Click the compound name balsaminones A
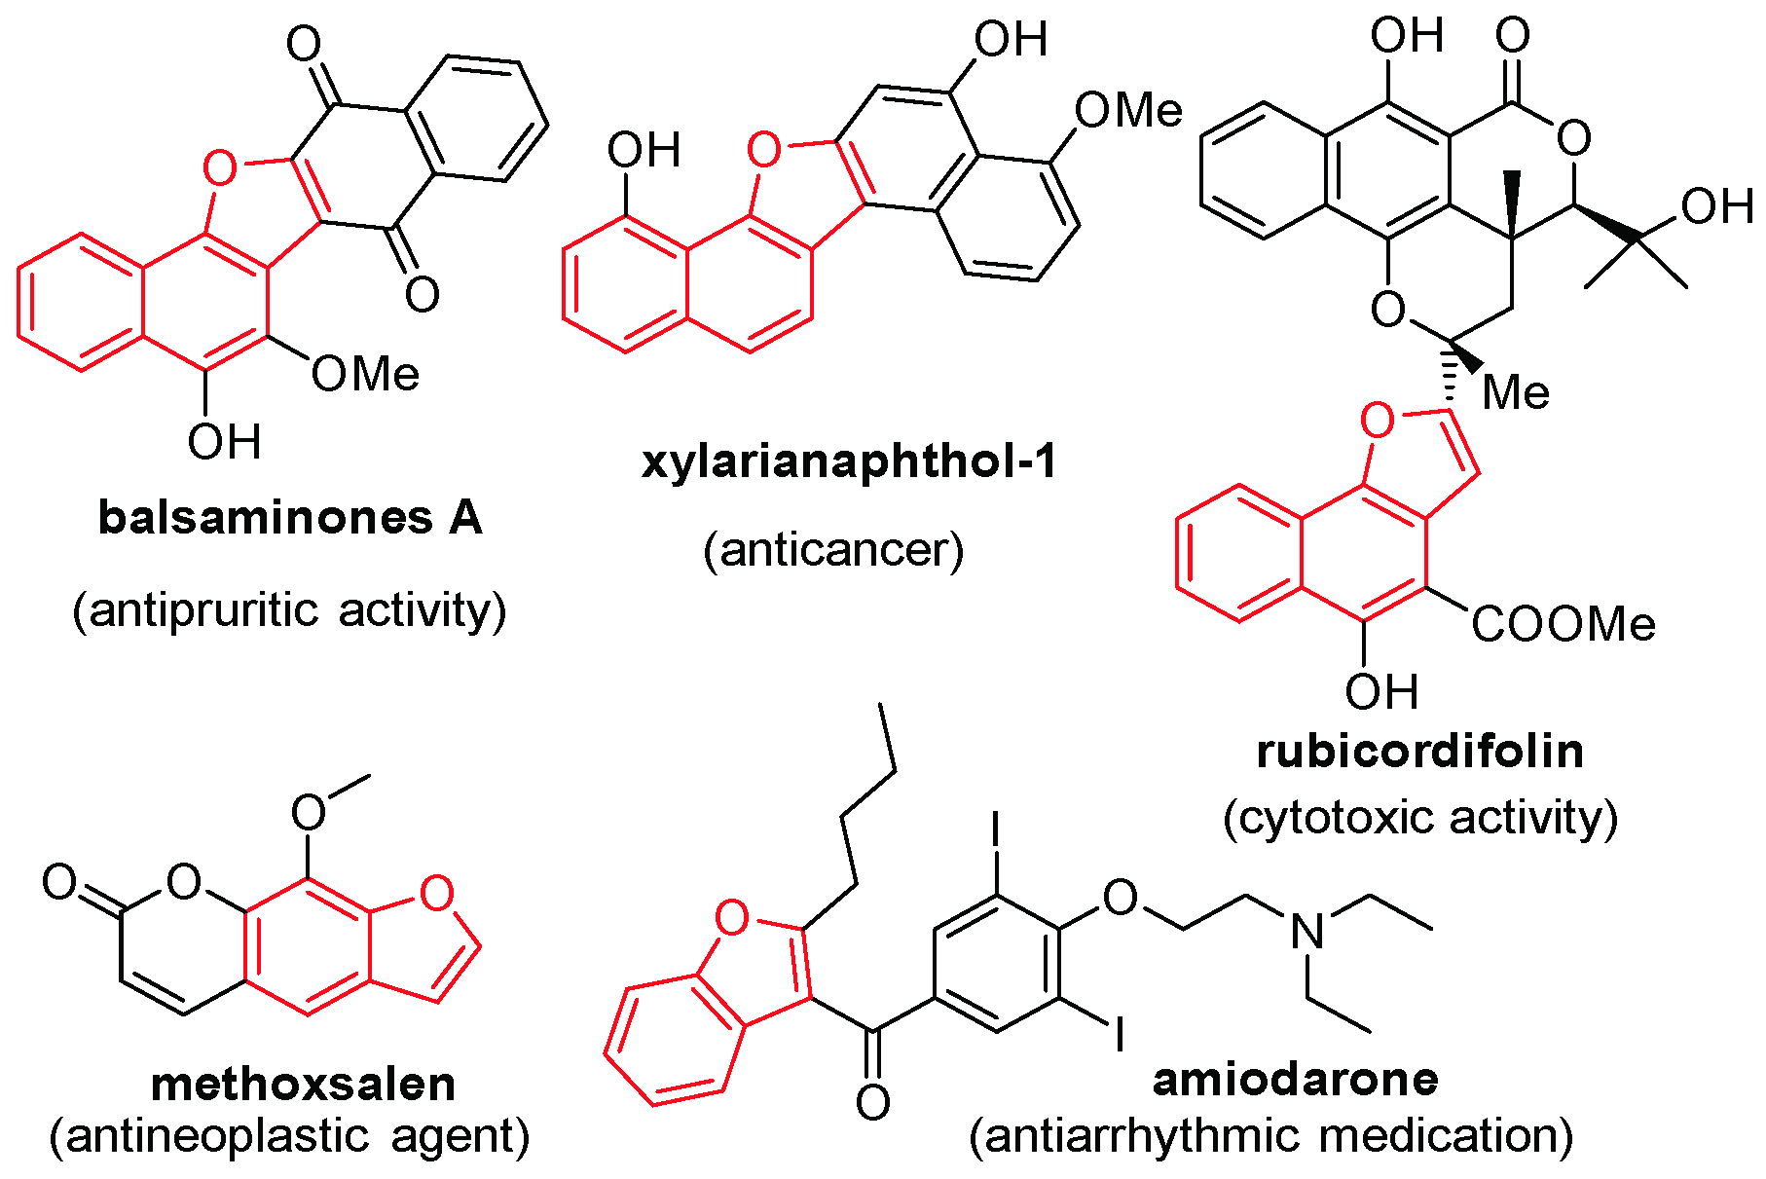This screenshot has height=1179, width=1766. [290, 518]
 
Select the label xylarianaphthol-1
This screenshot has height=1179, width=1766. [849, 461]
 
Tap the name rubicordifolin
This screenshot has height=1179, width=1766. [1419, 752]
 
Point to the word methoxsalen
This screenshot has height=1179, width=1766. [303, 1084]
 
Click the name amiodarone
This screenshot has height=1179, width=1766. [1295, 1079]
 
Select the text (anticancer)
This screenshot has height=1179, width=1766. [833, 550]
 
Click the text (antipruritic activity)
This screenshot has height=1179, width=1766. [289, 610]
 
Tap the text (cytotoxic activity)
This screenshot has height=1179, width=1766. [1420, 817]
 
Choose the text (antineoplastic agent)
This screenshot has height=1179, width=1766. [289, 1136]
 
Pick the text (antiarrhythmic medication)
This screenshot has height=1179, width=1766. [1270, 1136]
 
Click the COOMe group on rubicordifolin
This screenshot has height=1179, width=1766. [1562, 625]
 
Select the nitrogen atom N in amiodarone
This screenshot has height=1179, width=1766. [1306, 932]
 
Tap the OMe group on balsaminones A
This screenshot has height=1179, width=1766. [365, 375]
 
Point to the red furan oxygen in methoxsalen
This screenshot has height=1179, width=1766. [437, 893]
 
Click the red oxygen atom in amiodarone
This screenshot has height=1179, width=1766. [732, 917]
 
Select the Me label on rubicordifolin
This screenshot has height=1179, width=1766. [1516, 393]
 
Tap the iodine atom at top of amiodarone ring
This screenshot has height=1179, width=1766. [995, 829]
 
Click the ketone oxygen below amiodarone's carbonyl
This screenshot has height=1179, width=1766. [872, 1103]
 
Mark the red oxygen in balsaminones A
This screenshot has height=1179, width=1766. [220, 168]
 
